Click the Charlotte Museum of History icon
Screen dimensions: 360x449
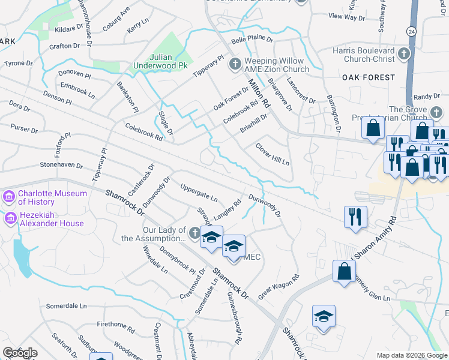point(8,196)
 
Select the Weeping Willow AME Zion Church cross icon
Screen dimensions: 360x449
point(235,63)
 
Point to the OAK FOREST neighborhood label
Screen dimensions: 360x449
point(369,77)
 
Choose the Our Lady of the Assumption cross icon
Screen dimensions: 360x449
point(193,232)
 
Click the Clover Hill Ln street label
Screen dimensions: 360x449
point(273,154)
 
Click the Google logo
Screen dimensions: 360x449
point(20,353)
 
